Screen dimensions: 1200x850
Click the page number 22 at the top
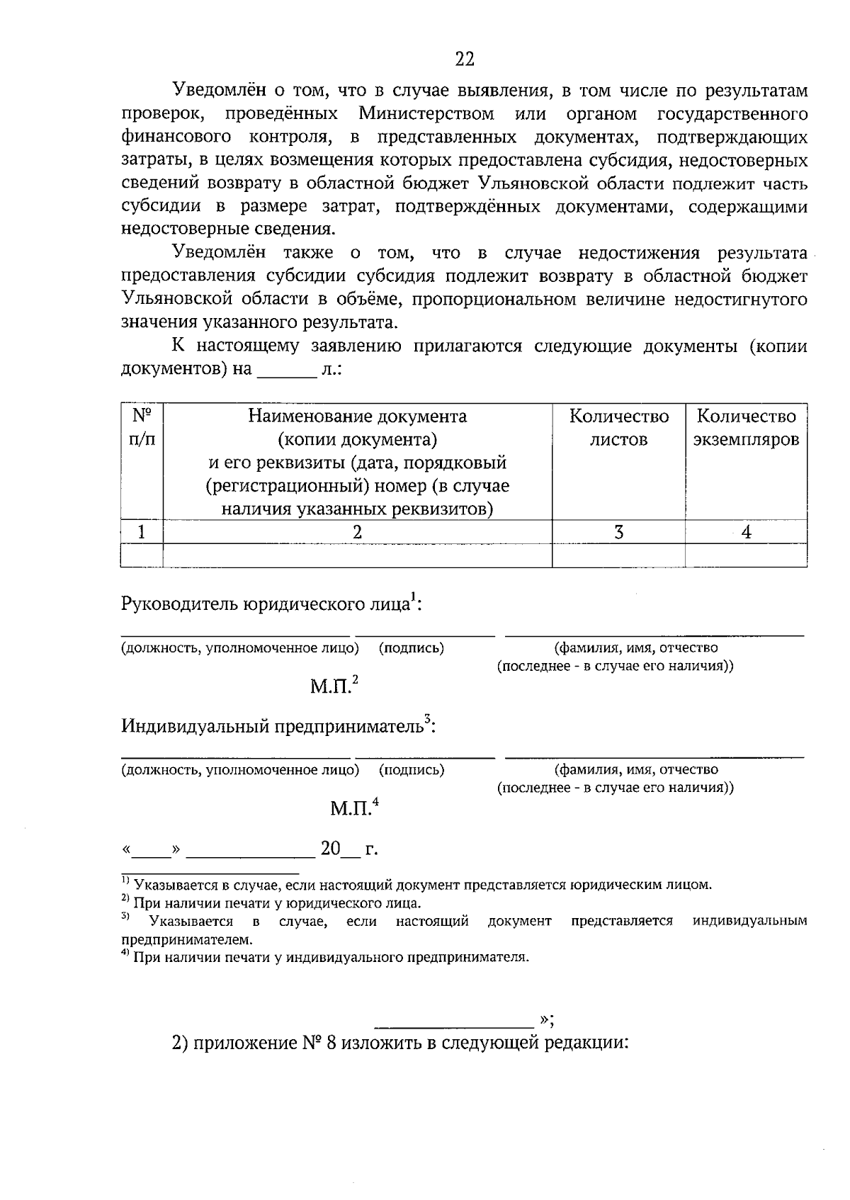point(464,60)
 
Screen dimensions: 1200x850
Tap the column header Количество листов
point(618,428)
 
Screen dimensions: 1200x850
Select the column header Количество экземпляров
point(746,428)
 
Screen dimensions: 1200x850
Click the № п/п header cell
point(142,427)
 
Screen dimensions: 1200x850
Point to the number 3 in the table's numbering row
point(618,533)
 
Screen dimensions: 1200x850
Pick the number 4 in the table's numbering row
point(746,533)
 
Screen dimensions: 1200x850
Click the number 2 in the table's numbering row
point(357,533)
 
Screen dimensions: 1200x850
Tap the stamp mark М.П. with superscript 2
point(334,686)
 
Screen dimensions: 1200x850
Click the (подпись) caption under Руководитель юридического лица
point(412,648)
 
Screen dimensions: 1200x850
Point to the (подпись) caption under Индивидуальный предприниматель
point(412,770)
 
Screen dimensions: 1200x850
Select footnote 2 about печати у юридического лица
point(271,904)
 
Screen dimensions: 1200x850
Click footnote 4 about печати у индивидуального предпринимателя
point(325,958)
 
